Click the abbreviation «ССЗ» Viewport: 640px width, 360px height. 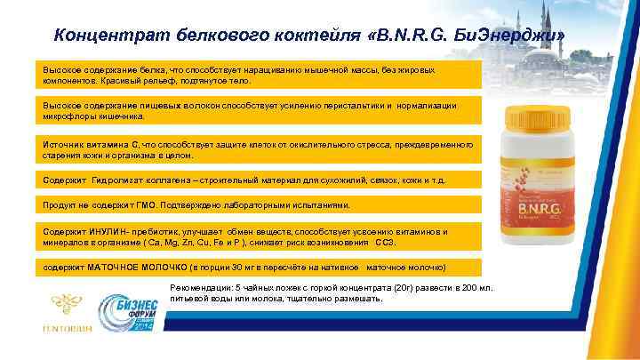pos(384,242)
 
